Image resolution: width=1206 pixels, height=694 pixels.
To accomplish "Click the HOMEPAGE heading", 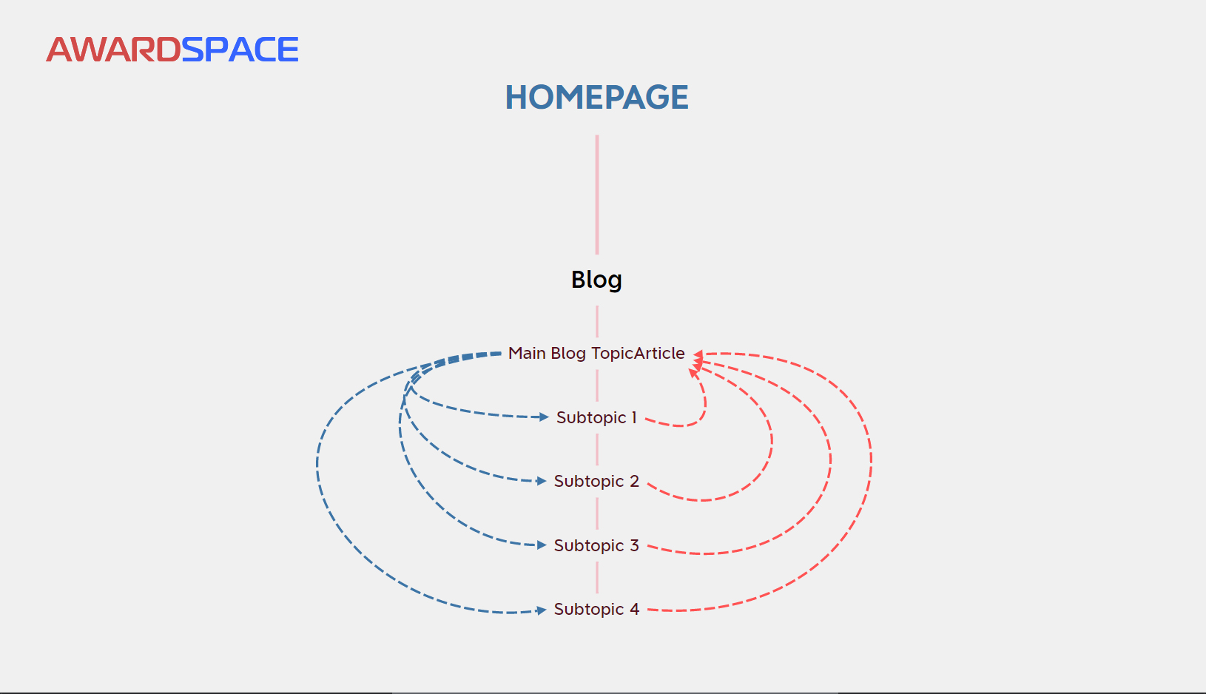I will pyautogui.click(x=596, y=98).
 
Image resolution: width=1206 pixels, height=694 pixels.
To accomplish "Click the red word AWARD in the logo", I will pyautogui.click(x=113, y=50).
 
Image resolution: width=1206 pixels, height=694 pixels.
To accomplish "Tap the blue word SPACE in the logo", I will pyautogui.click(x=240, y=50).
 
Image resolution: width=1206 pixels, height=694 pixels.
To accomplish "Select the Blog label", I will pyautogui.click(x=596, y=280).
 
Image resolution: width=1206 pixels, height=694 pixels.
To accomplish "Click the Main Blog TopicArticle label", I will pyautogui.click(x=596, y=354).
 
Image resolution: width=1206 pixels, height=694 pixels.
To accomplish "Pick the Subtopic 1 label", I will pyautogui.click(x=596, y=418).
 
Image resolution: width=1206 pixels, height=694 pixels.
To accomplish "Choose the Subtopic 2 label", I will pyautogui.click(x=596, y=482).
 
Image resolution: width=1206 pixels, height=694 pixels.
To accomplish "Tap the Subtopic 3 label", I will pyautogui.click(x=596, y=546).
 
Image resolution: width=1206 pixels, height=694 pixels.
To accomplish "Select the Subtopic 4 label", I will pyautogui.click(x=596, y=610).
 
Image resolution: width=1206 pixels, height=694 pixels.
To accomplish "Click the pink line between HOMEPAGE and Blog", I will pyautogui.click(x=597, y=194).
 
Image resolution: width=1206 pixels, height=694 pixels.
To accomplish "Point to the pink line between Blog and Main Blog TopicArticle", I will pyautogui.click(x=597, y=321).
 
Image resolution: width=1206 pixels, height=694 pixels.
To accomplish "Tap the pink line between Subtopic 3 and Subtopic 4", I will pyautogui.click(x=597, y=577).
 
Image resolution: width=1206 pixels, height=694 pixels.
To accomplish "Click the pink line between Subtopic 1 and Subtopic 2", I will pyautogui.click(x=597, y=449).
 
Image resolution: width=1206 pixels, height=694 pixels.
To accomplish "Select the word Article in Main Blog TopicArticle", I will pyautogui.click(x=658, y=354).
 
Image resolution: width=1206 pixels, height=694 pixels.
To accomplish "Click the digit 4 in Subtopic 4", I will pyautogui.click(x=634, y=610).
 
